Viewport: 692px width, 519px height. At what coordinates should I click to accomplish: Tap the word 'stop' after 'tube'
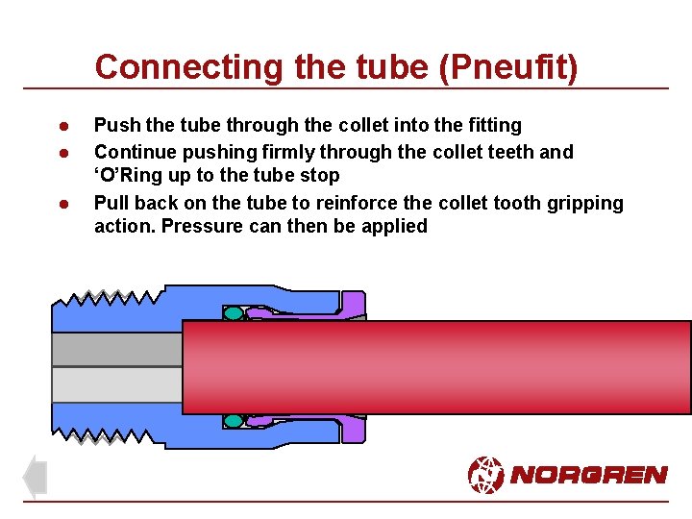320,176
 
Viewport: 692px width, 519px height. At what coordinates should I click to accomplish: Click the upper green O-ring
234,313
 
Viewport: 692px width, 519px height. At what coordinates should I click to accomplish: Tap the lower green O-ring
234,421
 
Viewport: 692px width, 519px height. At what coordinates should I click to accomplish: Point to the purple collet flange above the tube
353,305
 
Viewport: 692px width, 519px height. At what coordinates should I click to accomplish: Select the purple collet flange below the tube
353,429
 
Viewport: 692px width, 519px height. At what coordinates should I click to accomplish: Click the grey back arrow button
35,477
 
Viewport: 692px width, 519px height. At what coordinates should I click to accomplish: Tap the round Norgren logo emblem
485,474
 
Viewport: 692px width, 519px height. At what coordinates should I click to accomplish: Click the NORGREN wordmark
588,475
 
